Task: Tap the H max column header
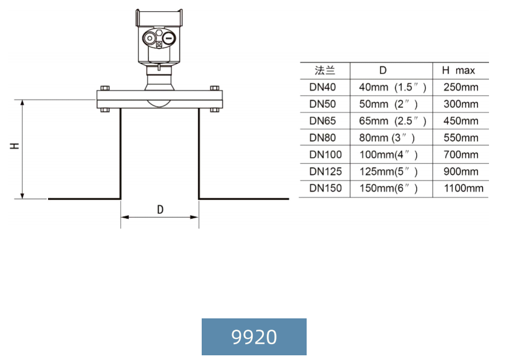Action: point(458,70)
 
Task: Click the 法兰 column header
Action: point(325,70)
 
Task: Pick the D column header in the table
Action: point(383,70)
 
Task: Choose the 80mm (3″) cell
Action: point(387,138)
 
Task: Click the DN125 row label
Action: point(325,172)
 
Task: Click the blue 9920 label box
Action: point(254,337)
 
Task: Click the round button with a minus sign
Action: point(168,39)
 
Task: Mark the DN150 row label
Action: point(325,188)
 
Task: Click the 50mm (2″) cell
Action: point(388,104)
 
